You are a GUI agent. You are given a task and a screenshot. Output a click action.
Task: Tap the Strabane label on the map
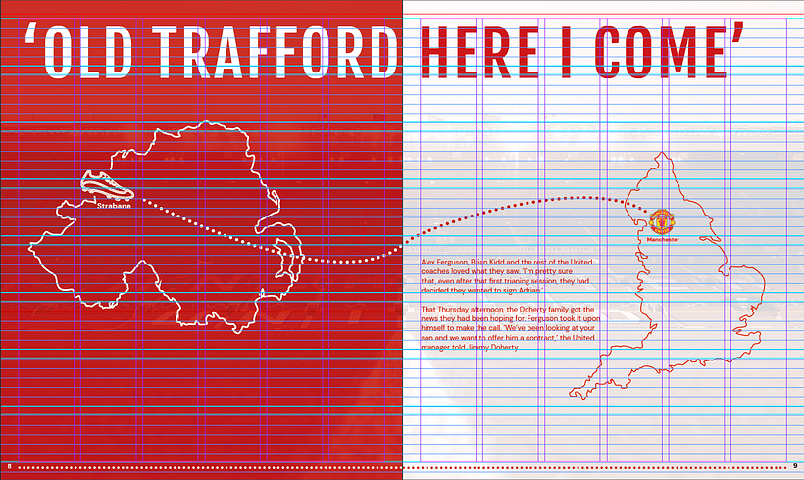114,206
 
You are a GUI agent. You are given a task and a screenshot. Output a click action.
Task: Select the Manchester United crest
662,219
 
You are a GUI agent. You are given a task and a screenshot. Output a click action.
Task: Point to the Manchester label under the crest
663,239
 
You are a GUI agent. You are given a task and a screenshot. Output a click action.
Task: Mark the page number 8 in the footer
9,464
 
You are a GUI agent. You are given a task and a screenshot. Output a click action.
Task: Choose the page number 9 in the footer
794,464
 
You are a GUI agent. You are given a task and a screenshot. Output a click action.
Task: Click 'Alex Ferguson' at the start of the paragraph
443,263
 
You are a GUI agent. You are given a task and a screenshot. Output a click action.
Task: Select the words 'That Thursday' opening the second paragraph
443,310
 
